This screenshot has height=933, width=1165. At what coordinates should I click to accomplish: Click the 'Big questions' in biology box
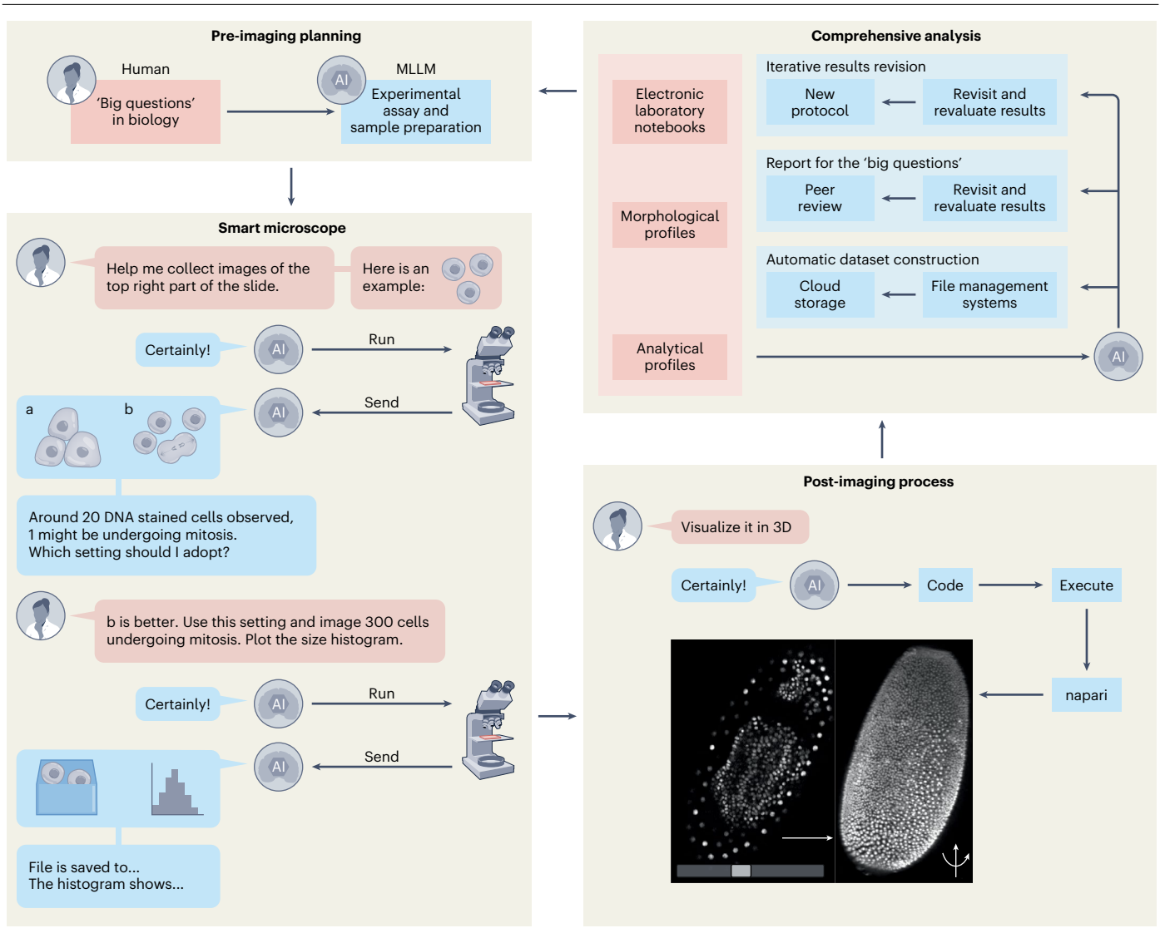point(145,111)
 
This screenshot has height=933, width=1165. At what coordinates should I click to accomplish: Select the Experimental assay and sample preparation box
point(416,111)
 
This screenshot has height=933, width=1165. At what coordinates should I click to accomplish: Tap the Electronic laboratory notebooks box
point(670,111)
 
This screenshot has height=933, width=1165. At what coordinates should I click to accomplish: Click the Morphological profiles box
point(670,225)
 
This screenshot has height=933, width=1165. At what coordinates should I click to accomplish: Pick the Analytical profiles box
point(670,357)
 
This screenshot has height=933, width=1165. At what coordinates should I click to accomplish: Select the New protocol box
point(820,101)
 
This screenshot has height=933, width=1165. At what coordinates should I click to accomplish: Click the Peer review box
point(820,198)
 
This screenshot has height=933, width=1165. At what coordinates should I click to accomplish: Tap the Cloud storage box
point(820,294)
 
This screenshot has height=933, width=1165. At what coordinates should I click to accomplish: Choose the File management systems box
point(989,294)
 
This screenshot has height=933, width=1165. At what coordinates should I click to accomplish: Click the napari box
point(1086,695)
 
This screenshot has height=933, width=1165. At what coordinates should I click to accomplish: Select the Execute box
point(1086,585)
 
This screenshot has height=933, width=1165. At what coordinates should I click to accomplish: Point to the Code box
point(945,585)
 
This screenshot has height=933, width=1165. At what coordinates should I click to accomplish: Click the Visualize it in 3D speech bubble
point(740,526)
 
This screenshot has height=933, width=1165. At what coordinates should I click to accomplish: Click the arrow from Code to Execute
point(1011,585)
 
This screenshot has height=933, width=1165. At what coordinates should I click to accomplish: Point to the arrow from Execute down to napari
point(1087,639)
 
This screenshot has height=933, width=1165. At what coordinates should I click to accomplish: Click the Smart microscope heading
point(281,228)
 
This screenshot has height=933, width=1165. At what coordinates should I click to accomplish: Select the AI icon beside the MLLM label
point(341,80)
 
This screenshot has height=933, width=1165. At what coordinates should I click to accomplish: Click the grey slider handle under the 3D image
point(741,871)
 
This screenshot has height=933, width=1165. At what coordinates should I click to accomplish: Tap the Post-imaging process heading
point(878,481)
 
